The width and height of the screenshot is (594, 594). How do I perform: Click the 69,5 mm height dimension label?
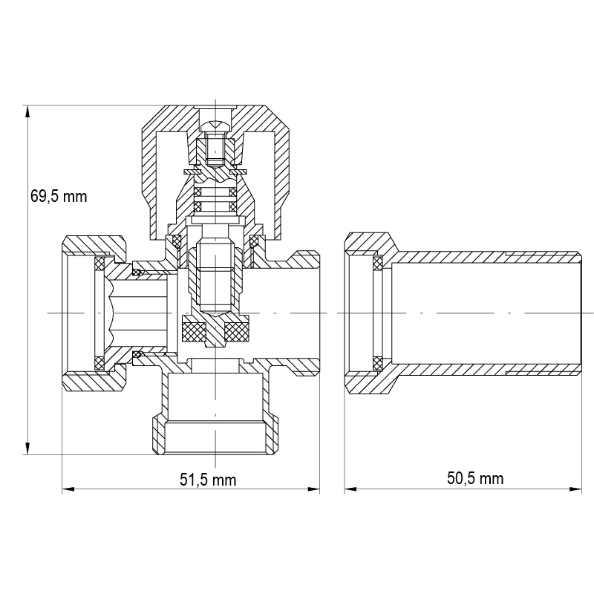tap(59, 197)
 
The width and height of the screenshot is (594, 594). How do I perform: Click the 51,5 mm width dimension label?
tap(208, 480)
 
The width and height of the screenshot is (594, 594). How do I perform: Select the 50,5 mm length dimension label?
tap(475, 478)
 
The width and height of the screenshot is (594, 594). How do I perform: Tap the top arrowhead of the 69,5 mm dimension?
tap(27, 112)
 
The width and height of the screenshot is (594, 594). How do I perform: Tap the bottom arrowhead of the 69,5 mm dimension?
tap(27, 448)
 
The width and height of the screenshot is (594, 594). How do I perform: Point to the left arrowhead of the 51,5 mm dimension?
tap(68, 489)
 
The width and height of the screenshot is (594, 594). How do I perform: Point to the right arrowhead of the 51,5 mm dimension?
tap(313, 489)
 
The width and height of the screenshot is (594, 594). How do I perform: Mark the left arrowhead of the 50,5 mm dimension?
tap(350, 489)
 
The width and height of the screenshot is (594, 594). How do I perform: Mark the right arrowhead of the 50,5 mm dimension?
tap(575, 489)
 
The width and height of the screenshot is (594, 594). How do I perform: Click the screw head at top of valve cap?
tap(215, 125)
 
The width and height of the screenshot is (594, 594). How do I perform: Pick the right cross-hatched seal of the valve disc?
tap(236, 327)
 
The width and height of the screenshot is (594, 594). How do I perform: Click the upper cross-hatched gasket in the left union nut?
tap(99, 264)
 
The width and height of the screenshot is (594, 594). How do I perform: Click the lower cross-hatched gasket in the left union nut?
tap(99, 363)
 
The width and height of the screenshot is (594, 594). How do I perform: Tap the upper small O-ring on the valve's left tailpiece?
tap(137, 272)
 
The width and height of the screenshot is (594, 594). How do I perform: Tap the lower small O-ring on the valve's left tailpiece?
tap(137, 355)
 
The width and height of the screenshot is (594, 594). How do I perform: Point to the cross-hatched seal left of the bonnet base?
tap(177, 240)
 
